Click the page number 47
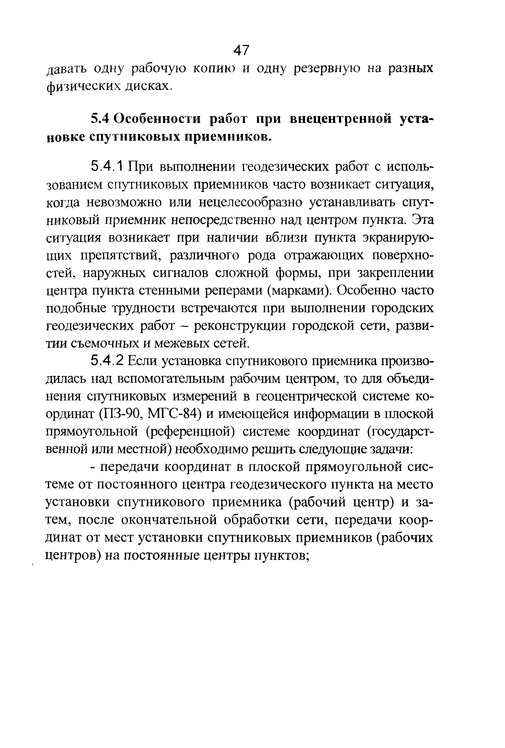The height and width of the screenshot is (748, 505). (x=241, y=50)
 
